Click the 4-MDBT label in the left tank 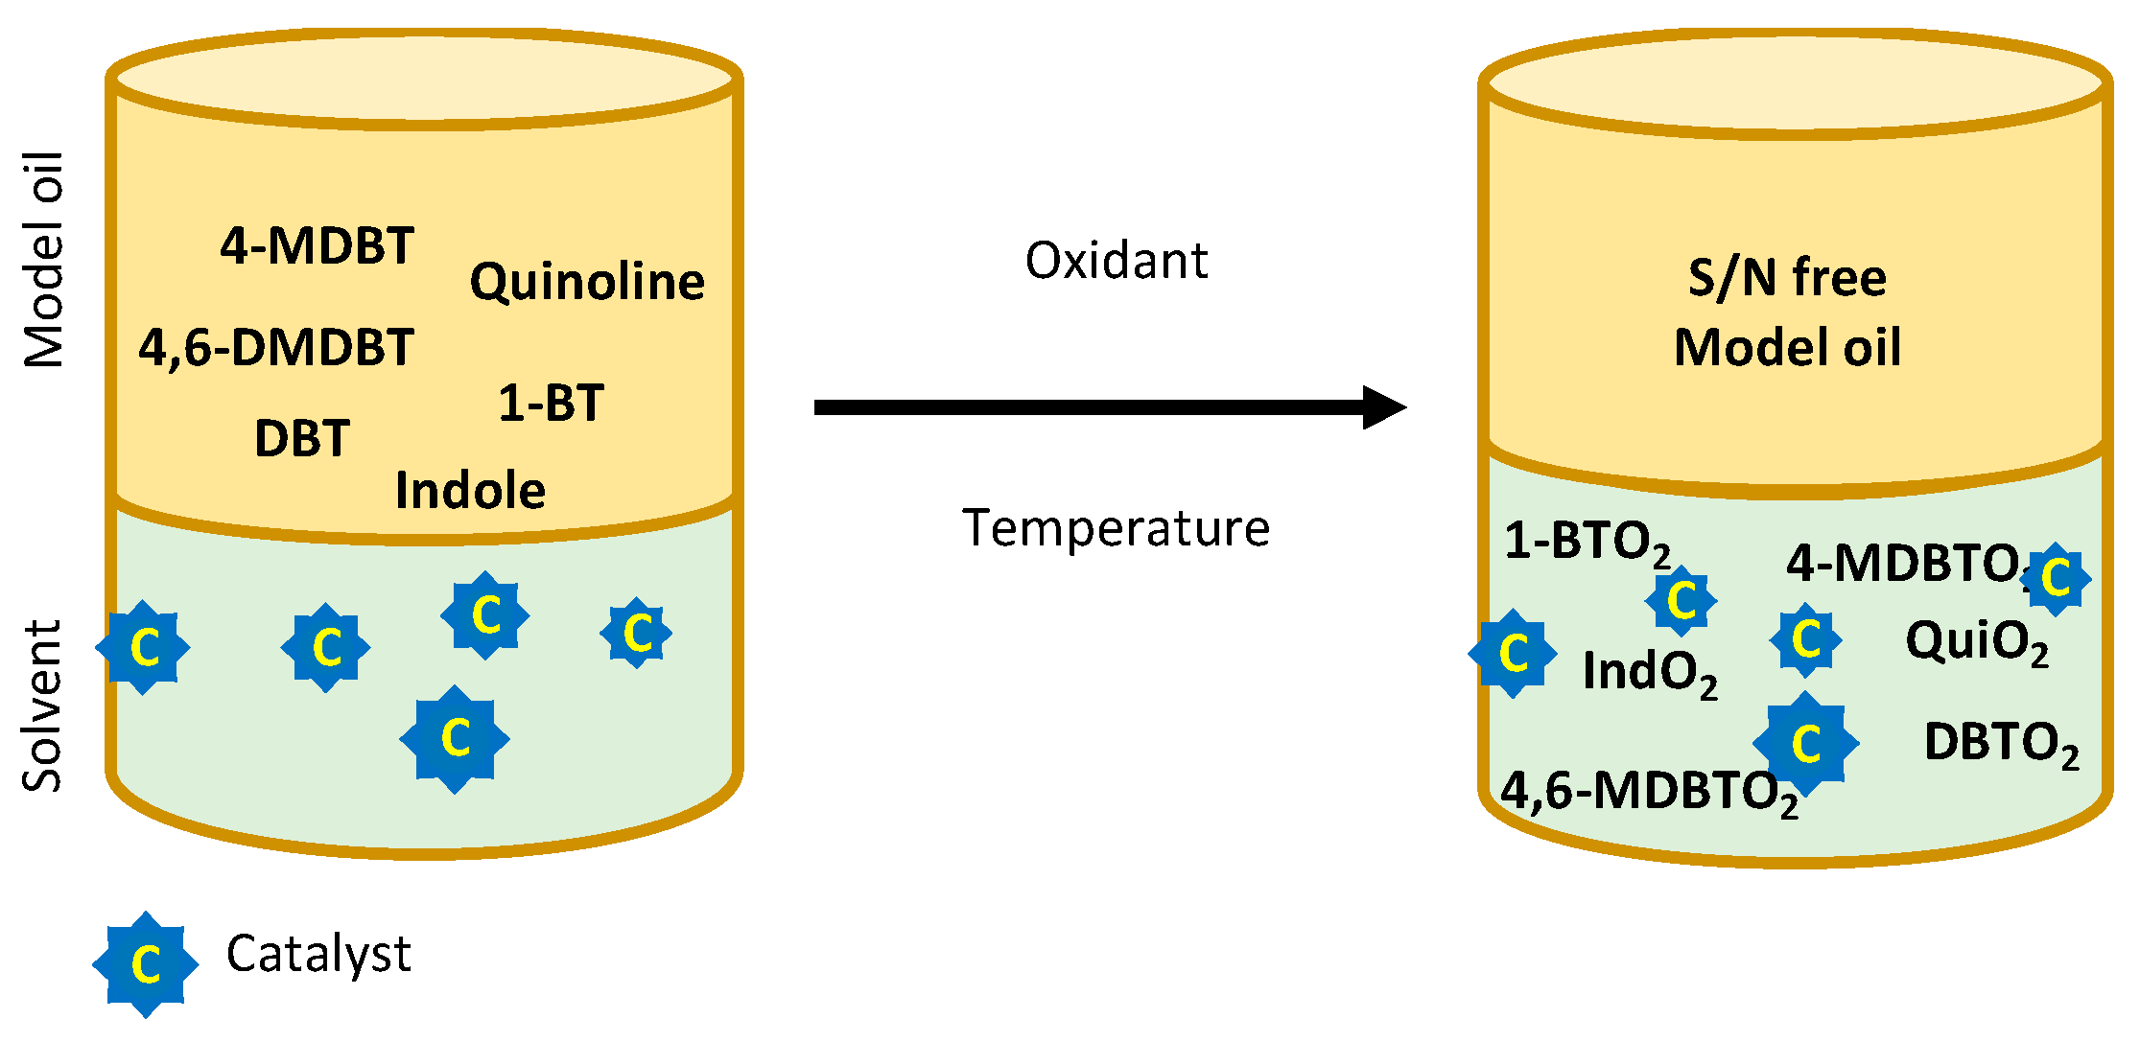pos(317,246)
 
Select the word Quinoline pos(587,282)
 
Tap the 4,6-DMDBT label pos(276,347)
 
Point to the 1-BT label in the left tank pos(551,403)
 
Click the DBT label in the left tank pos(302,439)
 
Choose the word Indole pos(470,491)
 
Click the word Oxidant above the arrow pos(1116,261)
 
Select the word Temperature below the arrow pos(1116,528)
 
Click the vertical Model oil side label pos(44,260)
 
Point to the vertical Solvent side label pos(42,706)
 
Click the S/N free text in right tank pos(1787,278)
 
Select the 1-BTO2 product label pos(1587,543)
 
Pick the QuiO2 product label pos(1977,641)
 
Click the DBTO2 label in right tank pos(2001,744)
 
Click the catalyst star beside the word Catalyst pos(146,963)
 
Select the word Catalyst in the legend pos(318,954)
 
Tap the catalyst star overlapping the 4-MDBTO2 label pos(2055,578)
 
